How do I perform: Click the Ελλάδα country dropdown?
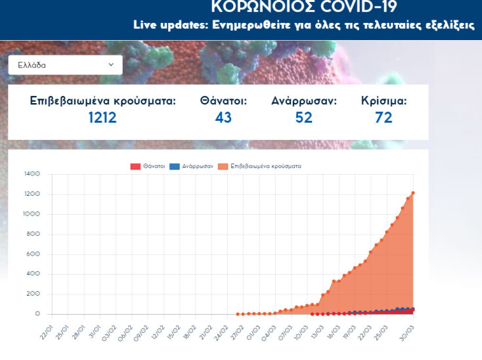65,65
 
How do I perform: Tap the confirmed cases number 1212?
102,118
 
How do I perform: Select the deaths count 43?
223,118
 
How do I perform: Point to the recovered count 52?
303,118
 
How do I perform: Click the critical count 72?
383,118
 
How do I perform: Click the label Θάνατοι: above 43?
223,101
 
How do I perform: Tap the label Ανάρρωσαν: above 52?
303,101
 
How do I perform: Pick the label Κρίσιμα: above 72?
383,101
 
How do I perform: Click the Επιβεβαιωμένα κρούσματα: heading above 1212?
102,101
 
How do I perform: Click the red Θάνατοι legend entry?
146,167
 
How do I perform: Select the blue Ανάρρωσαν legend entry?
190,167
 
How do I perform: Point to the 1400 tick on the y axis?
32,174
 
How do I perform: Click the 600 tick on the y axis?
33,254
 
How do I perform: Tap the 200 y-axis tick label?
33,294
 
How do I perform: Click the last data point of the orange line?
413,193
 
